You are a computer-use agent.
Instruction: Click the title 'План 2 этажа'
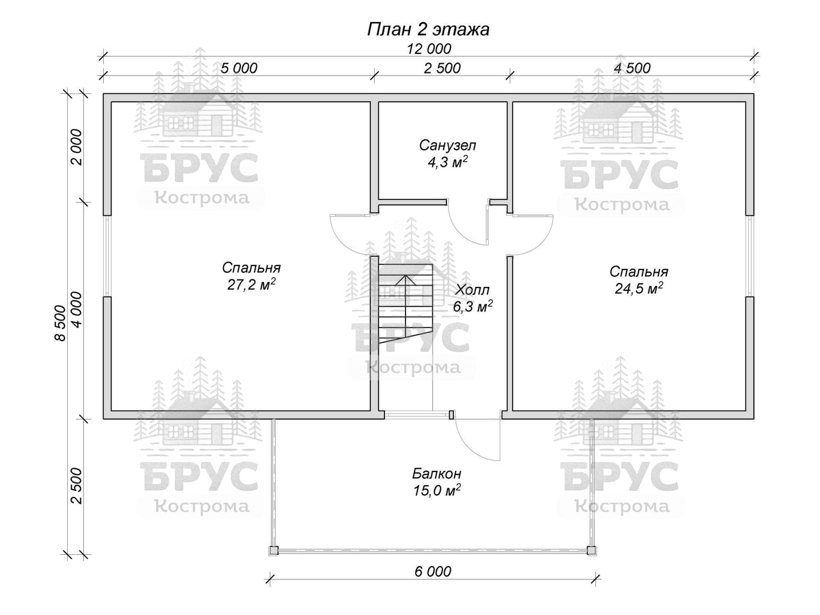coord(428,30)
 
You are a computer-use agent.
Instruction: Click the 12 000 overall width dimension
coord(429,49)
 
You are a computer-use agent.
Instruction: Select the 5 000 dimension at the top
coord(239,68)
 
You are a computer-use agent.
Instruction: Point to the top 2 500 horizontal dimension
coord(442,68)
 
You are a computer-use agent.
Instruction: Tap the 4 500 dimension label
coord(633,68)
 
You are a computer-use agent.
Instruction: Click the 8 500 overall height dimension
coord(60,323)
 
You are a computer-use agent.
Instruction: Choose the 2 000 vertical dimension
coord(76,147)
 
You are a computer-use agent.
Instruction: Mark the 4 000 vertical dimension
coord(76,310)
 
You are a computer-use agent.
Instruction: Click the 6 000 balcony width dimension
coord(433,571)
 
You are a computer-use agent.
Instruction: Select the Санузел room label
coord(448,145)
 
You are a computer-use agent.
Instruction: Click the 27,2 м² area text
coord(252,285)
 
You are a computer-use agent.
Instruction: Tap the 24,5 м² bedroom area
coord(639,288)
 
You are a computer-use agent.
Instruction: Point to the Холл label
coord(473,290)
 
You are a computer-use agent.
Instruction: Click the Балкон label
coord(437,473)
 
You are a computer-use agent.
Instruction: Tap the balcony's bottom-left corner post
coord(273,551)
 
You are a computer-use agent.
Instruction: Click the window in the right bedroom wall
coord(750,256)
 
